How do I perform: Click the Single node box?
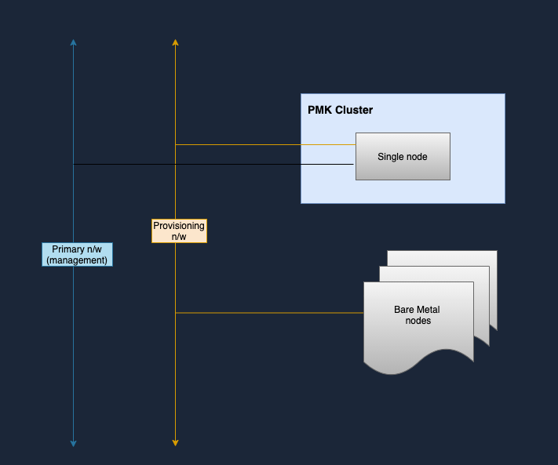point(403,156)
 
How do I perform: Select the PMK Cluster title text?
point(340,111)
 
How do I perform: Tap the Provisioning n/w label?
point(180,231)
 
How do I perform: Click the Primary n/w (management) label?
point(77,255)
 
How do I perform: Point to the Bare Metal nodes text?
point(418,315)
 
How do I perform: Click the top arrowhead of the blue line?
point(73,42)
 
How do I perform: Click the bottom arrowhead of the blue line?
point(73,444)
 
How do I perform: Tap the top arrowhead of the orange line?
point(176,42)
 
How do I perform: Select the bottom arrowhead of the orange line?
point(176,443)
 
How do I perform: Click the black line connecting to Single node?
point(213,164)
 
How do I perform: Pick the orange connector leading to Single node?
point(265,145)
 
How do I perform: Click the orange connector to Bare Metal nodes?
point(269,313)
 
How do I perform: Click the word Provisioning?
point(179,226)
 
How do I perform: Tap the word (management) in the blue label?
point(77,260)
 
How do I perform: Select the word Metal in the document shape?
point(429,310)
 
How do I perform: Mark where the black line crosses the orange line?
point(176,164)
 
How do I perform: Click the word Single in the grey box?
point(388,157)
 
